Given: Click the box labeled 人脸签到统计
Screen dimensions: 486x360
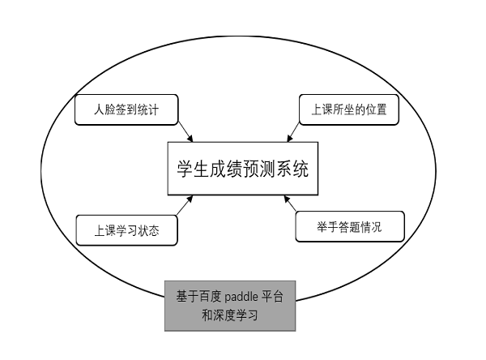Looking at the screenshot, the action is (x=126, y=109).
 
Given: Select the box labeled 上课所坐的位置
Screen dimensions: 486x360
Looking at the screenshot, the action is (x=349, y=109).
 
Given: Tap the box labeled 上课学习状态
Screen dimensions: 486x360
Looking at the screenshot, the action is (x=127, y=230).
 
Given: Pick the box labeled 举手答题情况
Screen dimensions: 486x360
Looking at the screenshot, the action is (x=350, y=226).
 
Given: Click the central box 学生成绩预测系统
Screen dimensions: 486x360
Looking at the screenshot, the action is (x=243, y=169).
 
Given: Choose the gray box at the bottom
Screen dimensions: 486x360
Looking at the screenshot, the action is (x=230, y=306).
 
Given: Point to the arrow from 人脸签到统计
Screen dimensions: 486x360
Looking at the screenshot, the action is (x=185, y=132).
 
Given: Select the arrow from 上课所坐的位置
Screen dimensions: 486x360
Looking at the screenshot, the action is (x=293, y=132).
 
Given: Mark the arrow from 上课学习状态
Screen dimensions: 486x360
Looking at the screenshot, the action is (x=185, y=205).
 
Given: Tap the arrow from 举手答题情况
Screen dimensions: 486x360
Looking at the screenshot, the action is (x=291, y=204).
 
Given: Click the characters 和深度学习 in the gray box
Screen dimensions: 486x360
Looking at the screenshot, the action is (x=230, y=315).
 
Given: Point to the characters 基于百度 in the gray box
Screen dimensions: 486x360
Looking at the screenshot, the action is (x=198, y=297).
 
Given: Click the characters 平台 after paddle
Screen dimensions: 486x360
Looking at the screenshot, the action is (x=272, y=297).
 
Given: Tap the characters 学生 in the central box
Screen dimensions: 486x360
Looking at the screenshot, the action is (x=193, y=169).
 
